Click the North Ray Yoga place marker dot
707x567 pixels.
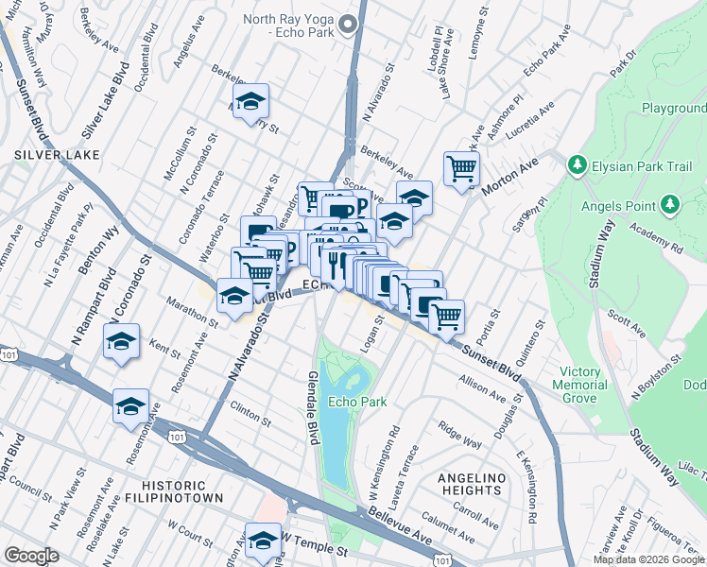tap(351, 26)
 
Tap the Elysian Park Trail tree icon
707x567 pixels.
tap(577, 165)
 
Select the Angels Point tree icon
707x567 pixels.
tap(670, 204)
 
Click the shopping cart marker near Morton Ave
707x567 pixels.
tap(462, 169)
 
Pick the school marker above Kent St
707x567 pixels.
tap(122, 341)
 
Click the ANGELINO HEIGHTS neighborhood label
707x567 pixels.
tap(470, 484)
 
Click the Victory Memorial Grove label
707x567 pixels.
tap(583, 385)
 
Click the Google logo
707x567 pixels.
tap(31, 556)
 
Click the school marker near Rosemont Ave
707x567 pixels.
tap(131, 407)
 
